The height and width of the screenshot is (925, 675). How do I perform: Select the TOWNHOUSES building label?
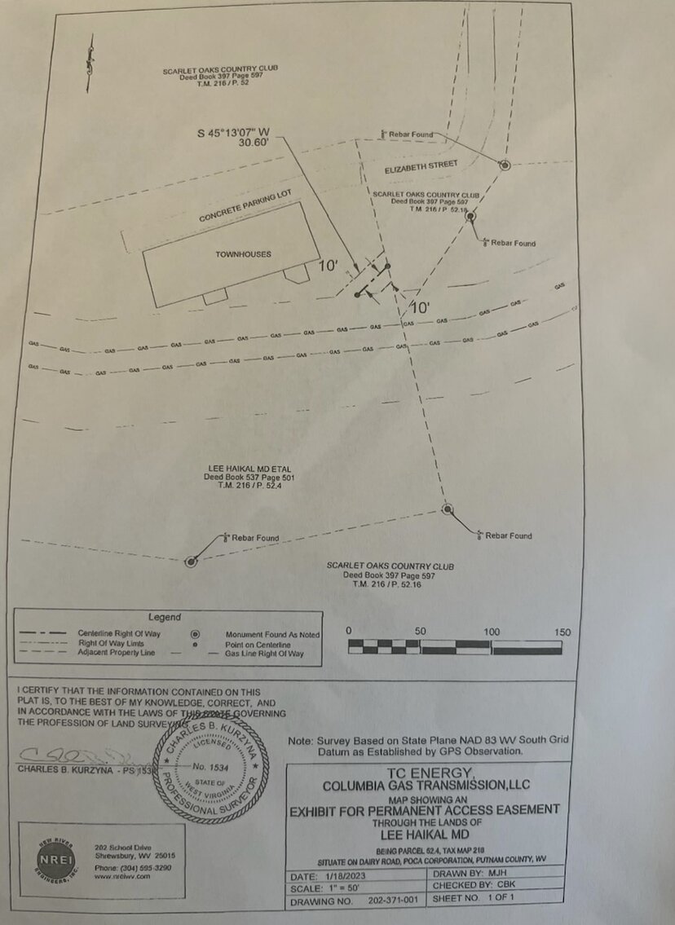click(x=243, y=254)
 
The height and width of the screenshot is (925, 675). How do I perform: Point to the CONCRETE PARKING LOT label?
click(x=245, y=208)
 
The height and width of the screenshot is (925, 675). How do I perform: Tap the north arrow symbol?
click(x=90, y=64)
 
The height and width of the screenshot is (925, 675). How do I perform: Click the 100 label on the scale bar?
click(x=492, y=632)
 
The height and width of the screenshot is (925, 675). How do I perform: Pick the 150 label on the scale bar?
click(x=562, y=632)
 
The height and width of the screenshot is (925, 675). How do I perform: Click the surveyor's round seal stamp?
click(x=209, y=770)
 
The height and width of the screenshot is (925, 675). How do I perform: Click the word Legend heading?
click(x=164, y=617)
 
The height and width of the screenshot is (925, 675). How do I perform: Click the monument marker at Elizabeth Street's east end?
click(x=505, y=165)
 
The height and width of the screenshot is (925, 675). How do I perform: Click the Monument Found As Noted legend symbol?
click(x=195, y=634)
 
